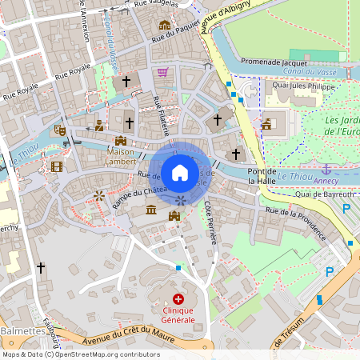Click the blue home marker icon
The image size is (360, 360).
point(180,172)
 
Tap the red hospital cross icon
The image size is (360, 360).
point(178,298)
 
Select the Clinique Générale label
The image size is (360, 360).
point(178,314)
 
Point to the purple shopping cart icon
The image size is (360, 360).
point(163,72)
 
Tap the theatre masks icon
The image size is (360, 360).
point(60,129)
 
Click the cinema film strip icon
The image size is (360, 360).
point(56,166)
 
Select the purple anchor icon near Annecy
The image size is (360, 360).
point(326,169)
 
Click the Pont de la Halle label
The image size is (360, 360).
point(262,176)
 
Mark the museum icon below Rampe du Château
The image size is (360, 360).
point(151,210)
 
